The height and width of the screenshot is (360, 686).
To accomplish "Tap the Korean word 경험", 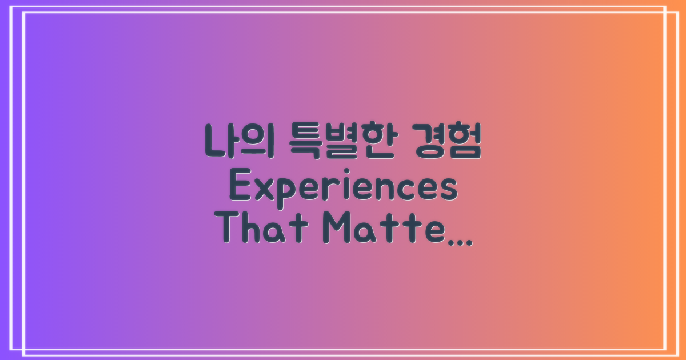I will pos(446,141).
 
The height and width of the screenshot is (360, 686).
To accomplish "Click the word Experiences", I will pos(343,189).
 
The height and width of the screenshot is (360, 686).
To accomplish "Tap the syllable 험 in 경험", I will pos(464,141).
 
